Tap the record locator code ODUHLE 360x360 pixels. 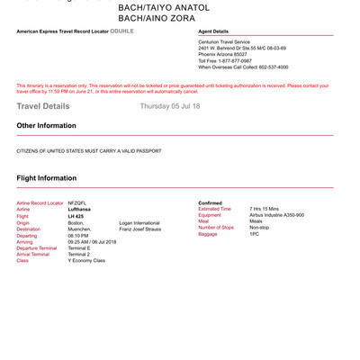(121, 31)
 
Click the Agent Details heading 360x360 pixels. (213, 31)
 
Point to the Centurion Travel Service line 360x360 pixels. (227, 41)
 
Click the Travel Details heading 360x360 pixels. (42, 106)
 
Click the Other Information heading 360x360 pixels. (46, 126)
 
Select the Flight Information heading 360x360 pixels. (47, 178)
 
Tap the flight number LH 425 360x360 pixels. (76, 216)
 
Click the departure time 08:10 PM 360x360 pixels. (78, 235)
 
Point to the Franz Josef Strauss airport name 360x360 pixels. (139, 229)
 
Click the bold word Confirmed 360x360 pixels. (210, 203)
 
